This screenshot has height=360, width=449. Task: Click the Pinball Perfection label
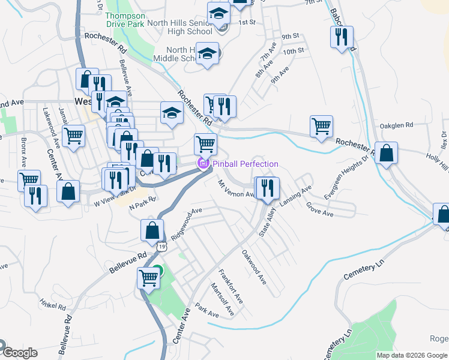tap(244, 164)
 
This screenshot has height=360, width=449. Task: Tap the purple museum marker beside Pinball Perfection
tap(203, 164)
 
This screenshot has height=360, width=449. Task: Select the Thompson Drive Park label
tap(125, 20)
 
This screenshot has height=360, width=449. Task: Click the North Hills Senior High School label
tap(181, 27)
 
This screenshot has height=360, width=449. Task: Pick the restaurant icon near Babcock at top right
tap(341, 37)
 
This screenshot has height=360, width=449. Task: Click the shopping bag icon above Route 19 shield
tap(152, 230)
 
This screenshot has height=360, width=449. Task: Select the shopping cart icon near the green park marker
tap(148, 278)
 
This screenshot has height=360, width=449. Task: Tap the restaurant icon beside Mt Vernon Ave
tap(267, 187)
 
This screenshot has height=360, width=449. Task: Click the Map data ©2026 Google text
tap(412, 355)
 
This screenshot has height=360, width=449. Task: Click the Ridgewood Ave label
tap(187, 224)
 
